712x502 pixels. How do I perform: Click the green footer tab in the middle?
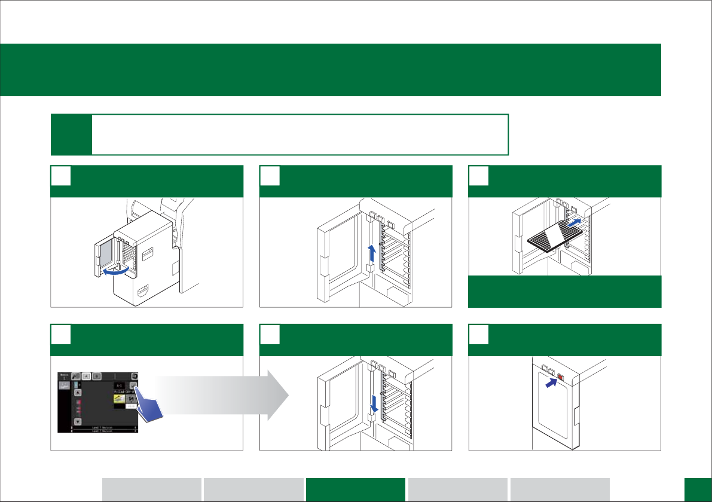coord(356,489)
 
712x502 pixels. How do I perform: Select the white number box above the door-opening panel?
coord(60,176)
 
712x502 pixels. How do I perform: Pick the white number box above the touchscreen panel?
coord(60,335)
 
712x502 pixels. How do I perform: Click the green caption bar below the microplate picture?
coord(564,292)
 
